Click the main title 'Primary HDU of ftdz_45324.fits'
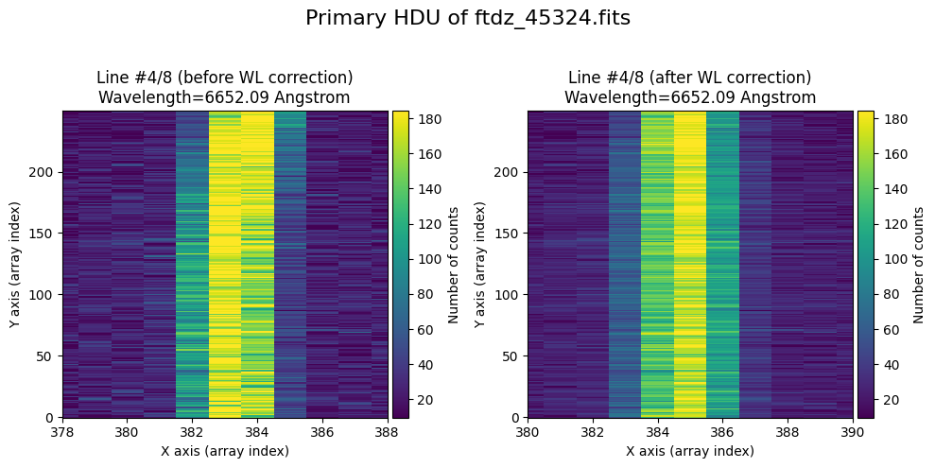click(467, 18)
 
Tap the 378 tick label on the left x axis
click(63, 433)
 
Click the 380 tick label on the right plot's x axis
click(528, 433)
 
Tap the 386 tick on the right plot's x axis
click(722, 433)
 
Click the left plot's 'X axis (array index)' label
click(226, 451)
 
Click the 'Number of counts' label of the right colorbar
click(918, 265)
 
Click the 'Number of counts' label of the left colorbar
click(453, 265)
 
